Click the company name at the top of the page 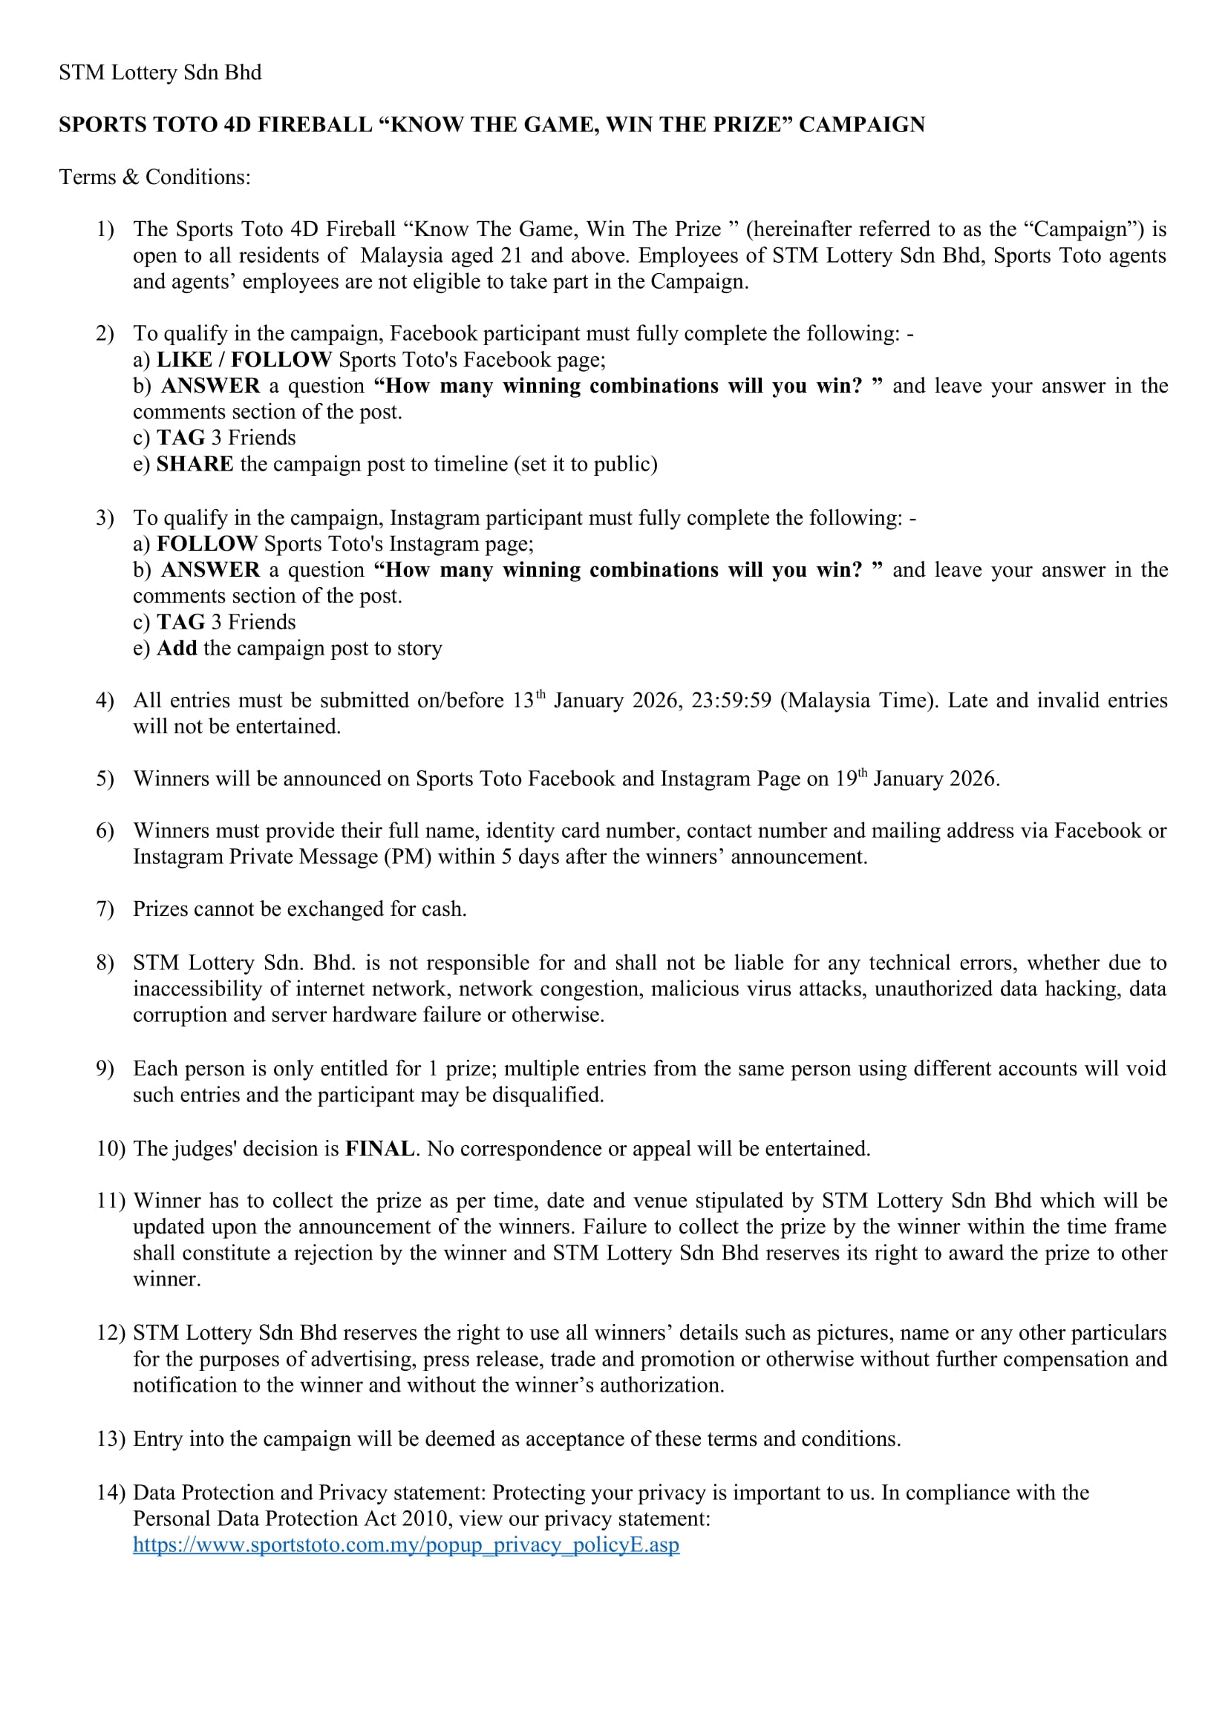[160, 73]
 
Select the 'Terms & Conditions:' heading [155, 177]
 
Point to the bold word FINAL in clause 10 [379, 1148]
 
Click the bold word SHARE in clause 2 [195, 463]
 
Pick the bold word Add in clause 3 [177, 648]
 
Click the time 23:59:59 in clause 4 [731, 701]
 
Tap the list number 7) [105, 909]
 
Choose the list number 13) [111, 1439]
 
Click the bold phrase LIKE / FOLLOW [244, 359]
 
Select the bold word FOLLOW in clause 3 [207, 543]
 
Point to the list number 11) [111, 1201]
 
